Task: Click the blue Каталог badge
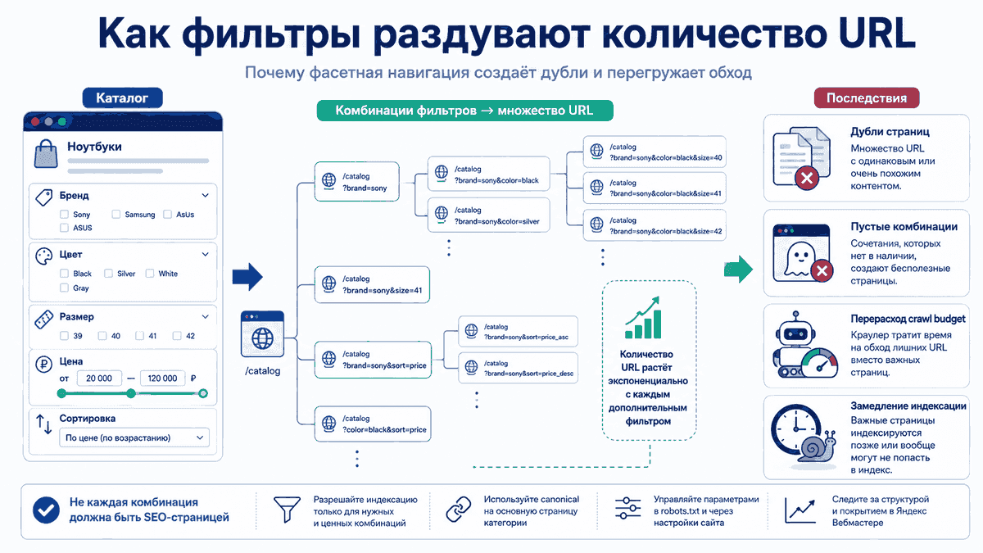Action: pos(122,97)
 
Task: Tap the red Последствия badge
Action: pos(867,97)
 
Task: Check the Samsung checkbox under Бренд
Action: pos(116,214)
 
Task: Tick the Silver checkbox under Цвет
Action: pos(108,274)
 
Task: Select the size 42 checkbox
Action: pos(177,336)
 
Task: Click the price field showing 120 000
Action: pos(162,378)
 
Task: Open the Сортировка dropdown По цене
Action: pos(134,437)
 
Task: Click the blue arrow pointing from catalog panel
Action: pos(247,277)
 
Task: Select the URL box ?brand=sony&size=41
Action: pos(372,284)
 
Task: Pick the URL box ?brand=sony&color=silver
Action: pos(489,215)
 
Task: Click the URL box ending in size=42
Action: pos(655,225)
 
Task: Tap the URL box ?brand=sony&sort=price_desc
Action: pos(518,368)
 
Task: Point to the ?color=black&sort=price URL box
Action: pos(373,424)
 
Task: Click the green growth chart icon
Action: pos(643,318)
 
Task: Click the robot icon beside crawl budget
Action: pos(795,345)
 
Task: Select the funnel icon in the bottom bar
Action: pos(287,509)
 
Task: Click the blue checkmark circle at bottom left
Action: pos(46,510)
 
